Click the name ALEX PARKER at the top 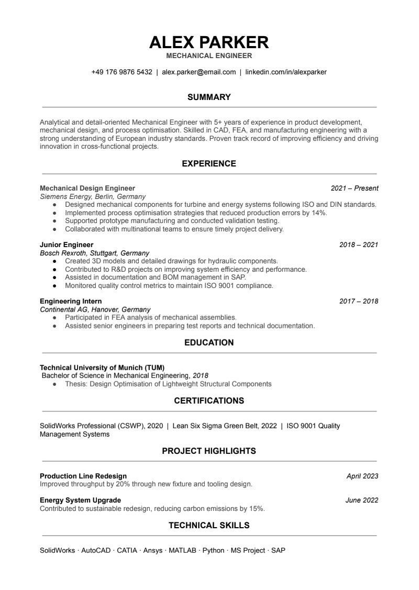[x=209, y=42]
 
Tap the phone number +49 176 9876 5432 [x=122, y=72]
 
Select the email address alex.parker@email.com [x=199, y=72]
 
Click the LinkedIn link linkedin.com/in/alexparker [x=286, y=72]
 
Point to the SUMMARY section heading [x=209, y=97]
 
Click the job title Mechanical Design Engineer [x=87, y=188]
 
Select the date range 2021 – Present [x=355, y=188]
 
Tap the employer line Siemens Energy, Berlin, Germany [x=93, y=196]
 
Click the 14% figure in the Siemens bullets [x=318, y=213]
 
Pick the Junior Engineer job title [x=67, y=244]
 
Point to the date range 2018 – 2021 [x=359, y=244]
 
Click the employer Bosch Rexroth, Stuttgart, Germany [x=95, y=253]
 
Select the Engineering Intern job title [x=71, y=301]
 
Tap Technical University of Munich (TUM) [x=106, y=368]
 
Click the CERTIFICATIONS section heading [x=209, y=401]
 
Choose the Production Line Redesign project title [x=83, y=476]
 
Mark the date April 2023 [x=362, y=476]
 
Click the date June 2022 [x=362, y=500]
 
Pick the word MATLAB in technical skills [x=182, y=551]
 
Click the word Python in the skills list [x=213, y=551]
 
